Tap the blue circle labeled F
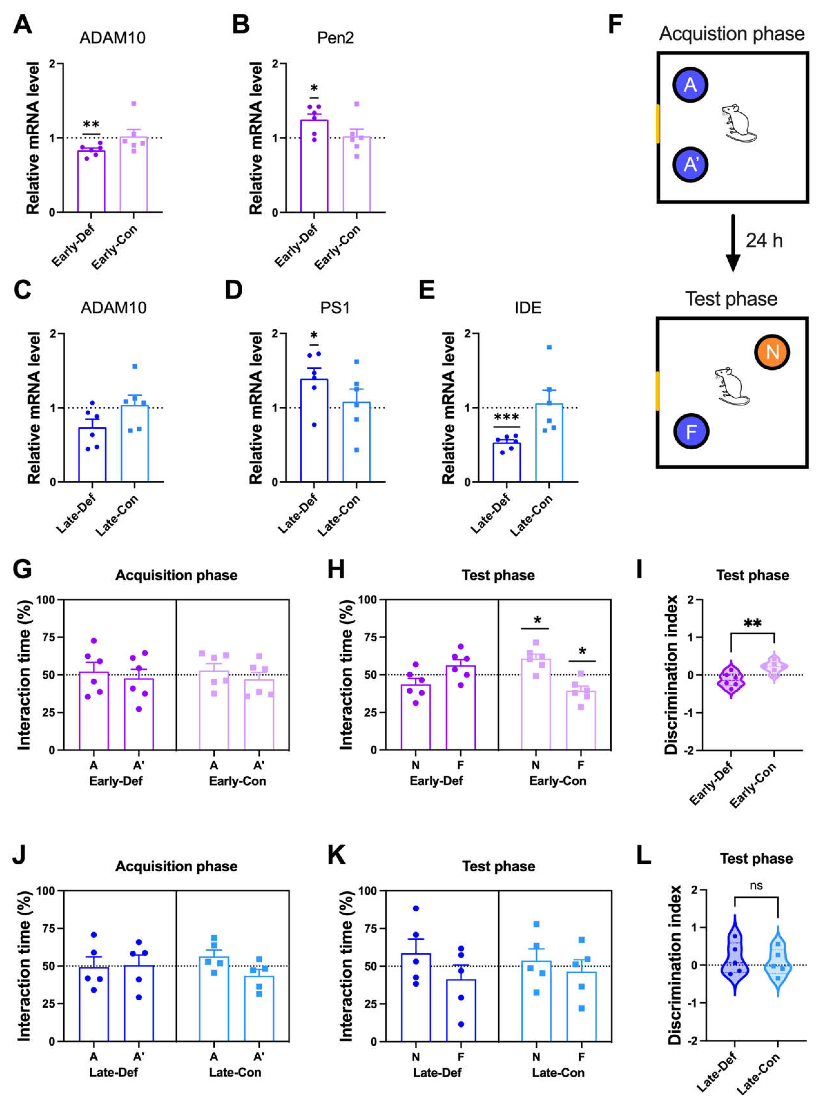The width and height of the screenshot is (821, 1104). (691, 431)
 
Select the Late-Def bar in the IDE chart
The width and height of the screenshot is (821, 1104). (506, 462)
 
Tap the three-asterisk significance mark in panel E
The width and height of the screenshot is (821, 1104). (506, 417)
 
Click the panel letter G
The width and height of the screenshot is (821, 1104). (22, 569)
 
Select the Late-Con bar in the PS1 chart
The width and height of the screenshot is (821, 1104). (356, 442)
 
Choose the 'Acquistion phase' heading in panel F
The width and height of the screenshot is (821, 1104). (732, 34)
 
